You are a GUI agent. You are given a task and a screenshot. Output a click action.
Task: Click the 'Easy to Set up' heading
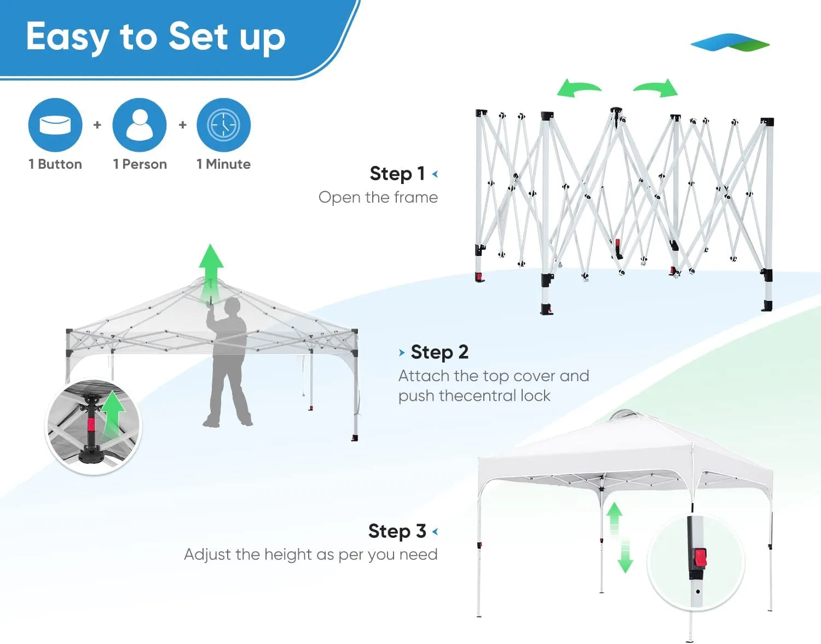tap(155, 37)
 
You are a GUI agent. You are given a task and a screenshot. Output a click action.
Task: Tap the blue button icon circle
tap(55, 125)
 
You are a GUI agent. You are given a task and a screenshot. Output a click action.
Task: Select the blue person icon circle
tap(140, 125)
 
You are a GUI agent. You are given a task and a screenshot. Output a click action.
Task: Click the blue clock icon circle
tap(223, 125)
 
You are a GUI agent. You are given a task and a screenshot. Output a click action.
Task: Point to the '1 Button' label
tap(55, 164)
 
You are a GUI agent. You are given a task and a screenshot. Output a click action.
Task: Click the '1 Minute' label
tap(223, 164)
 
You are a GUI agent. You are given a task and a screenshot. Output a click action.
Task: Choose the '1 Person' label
tap(140, 164)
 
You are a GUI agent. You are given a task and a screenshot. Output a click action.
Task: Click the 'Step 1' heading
tap(397, 174)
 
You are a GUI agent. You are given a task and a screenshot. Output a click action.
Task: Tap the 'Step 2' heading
tap(440, 352)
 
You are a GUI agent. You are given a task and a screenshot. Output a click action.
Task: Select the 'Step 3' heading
tap(397, 531)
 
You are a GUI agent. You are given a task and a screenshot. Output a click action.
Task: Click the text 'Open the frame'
tap(378, 197)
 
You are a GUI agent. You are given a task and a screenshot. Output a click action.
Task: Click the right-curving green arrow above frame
tap(657, 88)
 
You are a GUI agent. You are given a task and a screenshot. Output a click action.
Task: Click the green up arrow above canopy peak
tap(211, 268)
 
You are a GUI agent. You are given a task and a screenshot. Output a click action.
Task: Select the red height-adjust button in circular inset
tap(700, 558)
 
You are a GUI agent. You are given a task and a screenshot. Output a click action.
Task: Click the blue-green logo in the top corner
tap(730, 43)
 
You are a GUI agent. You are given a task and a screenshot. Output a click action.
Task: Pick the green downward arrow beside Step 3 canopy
tap(625, 559)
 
